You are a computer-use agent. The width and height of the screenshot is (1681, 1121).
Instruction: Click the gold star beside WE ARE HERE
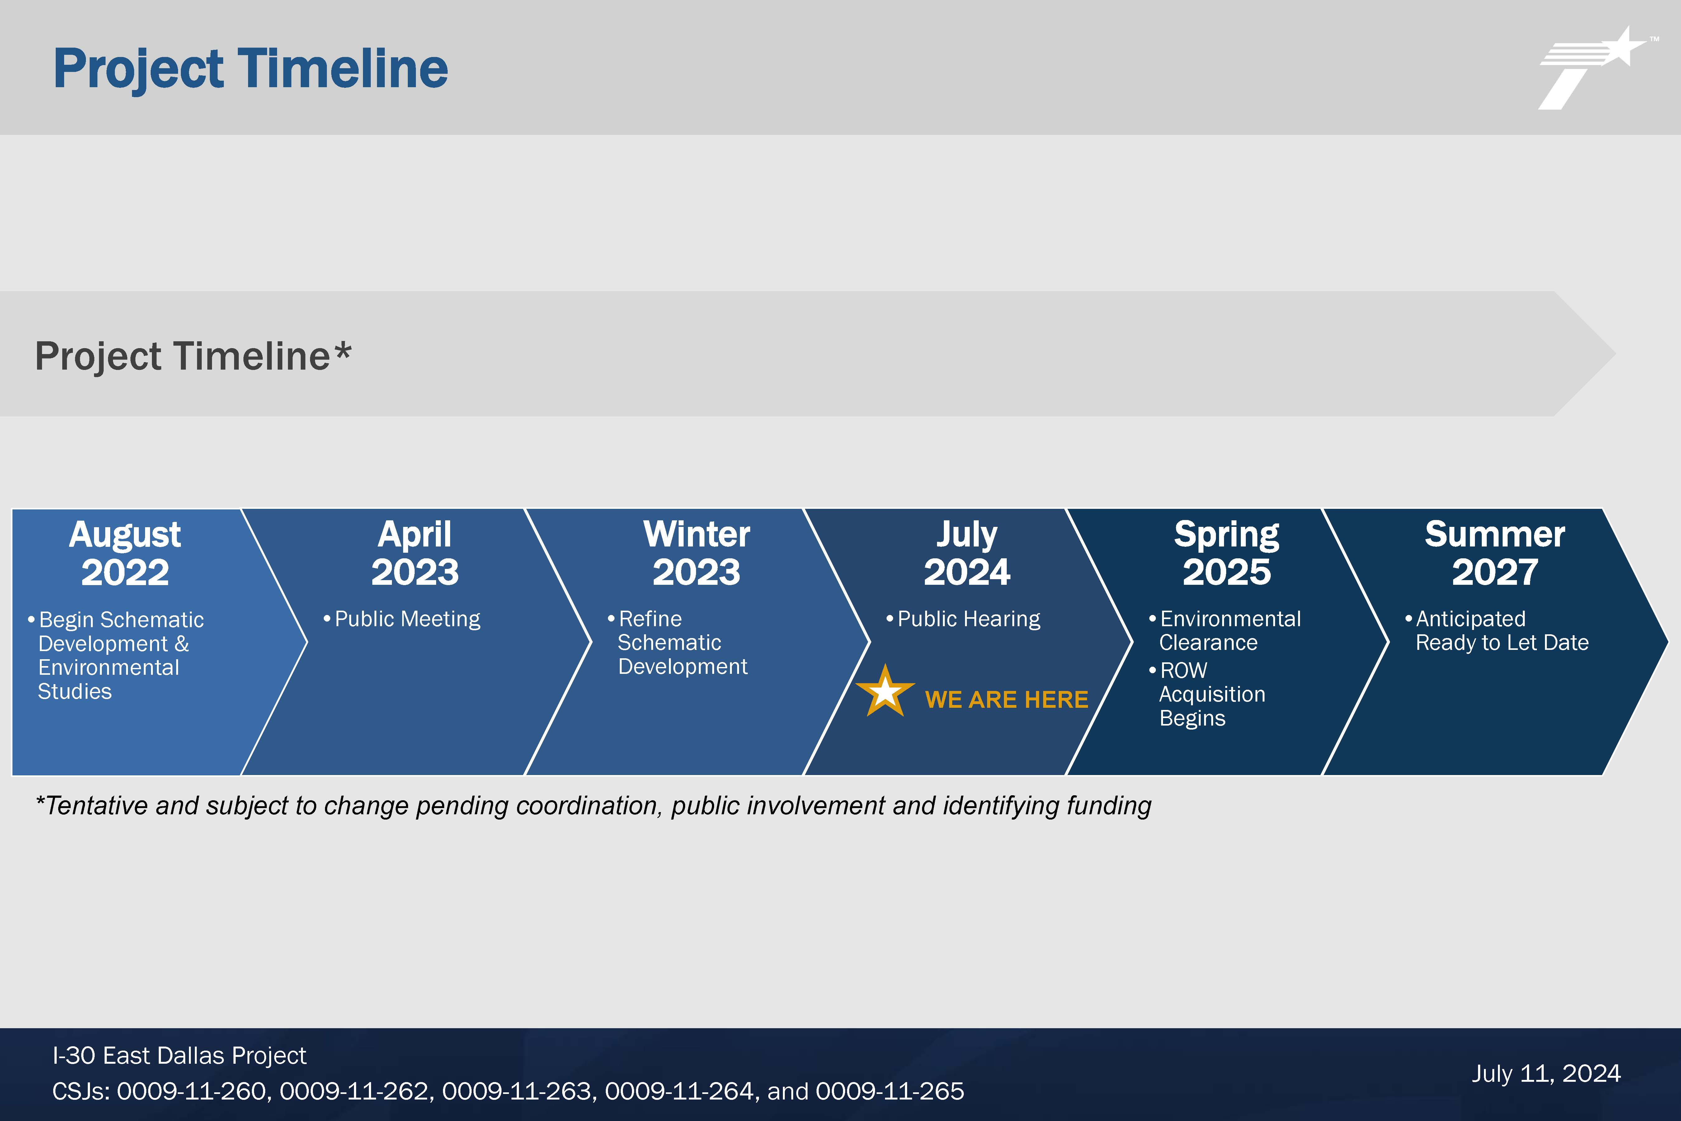pos(885,691)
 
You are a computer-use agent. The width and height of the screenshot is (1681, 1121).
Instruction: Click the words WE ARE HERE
pos(1006,699)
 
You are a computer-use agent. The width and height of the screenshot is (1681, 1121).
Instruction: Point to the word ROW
pos(1184,671)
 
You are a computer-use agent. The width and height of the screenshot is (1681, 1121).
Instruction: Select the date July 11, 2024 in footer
pos(1546,1074)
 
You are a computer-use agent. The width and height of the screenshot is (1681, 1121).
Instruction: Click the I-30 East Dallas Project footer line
pos(179,1055)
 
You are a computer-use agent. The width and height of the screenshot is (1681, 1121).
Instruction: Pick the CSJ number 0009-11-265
pos(890,1091)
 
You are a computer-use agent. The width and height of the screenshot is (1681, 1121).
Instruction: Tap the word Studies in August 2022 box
pos(75,691)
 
